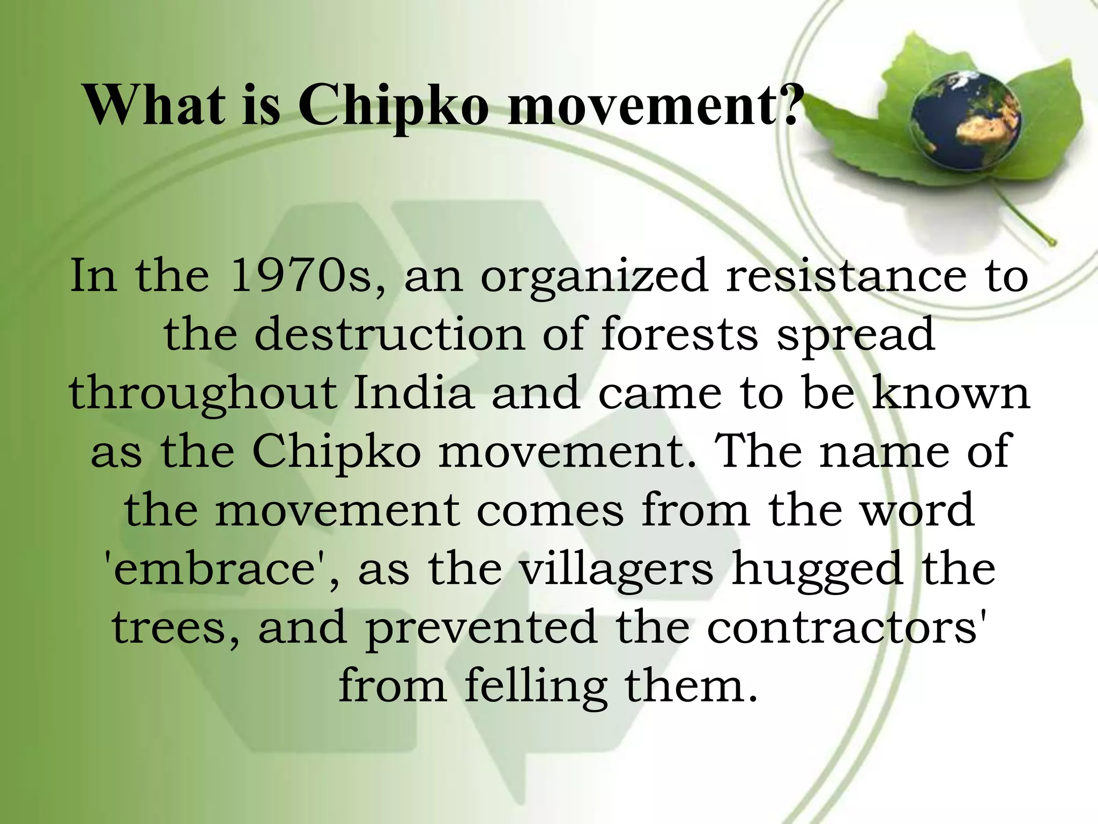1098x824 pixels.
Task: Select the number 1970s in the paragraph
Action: tap(300, 276)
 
